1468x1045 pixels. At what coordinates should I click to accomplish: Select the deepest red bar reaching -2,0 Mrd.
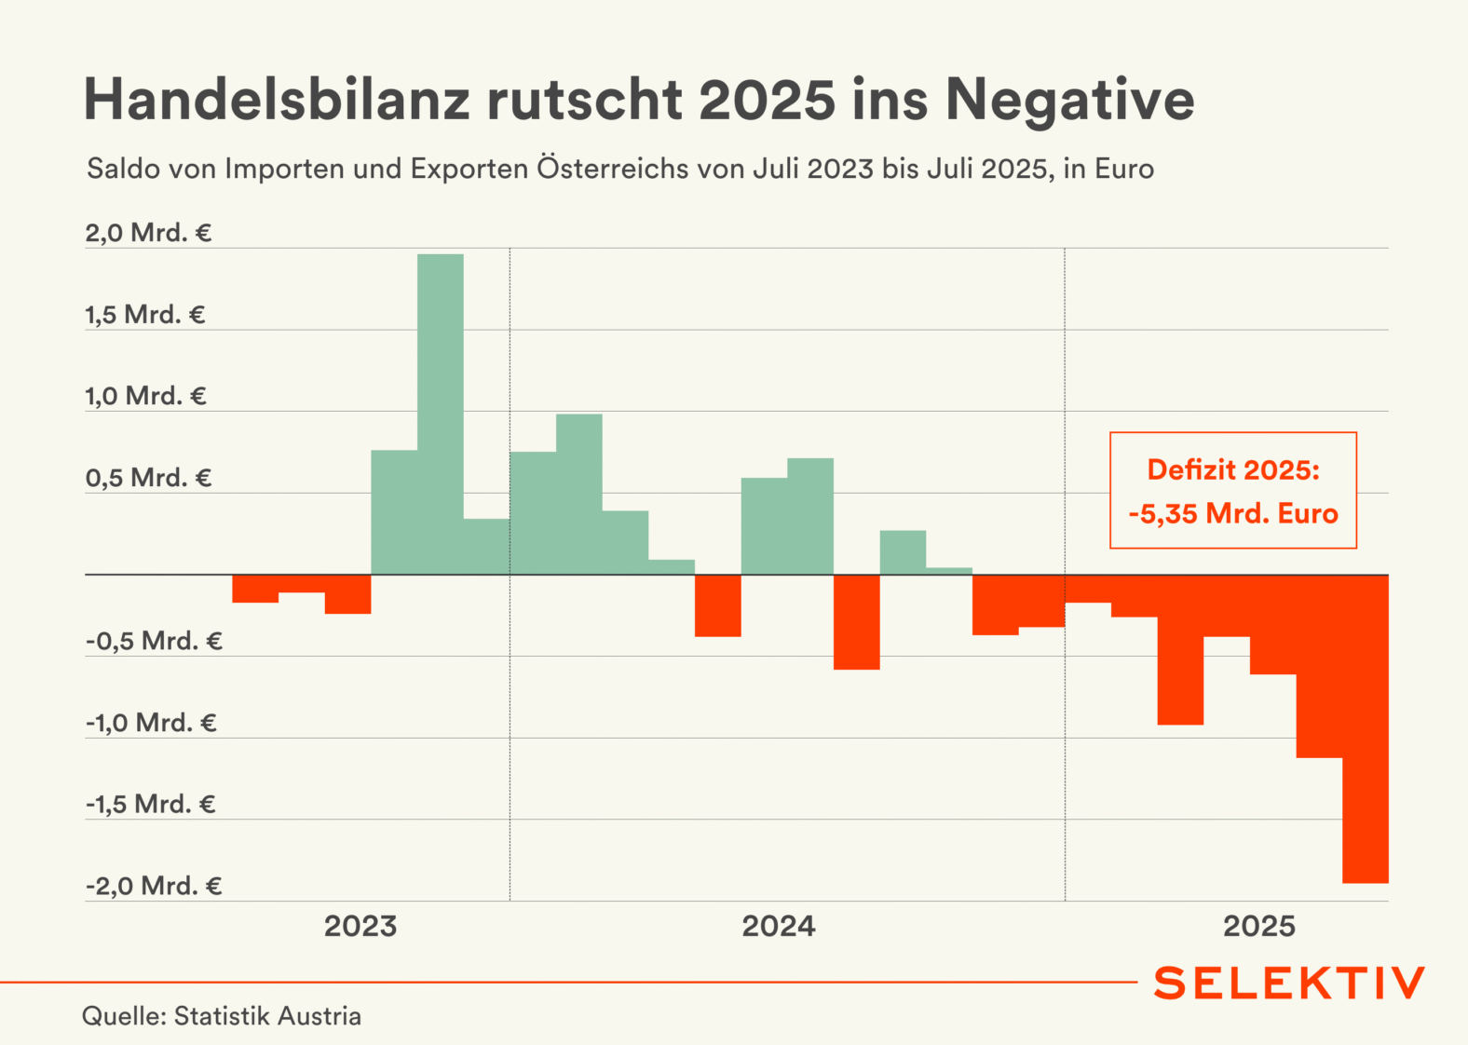(1366, 728)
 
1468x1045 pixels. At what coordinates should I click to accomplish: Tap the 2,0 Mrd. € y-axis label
(148, 233)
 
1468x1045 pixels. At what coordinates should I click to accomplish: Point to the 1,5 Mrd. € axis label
(145, 315)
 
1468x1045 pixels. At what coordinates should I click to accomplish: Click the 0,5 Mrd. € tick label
(148, 478)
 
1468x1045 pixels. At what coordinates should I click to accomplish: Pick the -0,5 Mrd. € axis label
(154, 641)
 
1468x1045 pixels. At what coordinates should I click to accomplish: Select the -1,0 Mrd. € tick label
(151, 723)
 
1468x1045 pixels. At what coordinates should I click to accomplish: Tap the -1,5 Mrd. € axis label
(151, 804)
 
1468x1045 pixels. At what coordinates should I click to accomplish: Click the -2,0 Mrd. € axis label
(154, 886)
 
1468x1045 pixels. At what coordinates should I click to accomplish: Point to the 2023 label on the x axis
(360, 927)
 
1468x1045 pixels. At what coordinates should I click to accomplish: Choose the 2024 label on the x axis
(779, 927)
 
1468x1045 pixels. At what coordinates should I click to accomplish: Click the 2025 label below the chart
(1259, 927)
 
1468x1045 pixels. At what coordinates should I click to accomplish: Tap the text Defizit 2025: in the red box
(1233, 469)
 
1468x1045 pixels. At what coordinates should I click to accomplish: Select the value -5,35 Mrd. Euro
(1233, 513)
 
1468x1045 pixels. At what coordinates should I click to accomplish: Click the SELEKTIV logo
(1289, 984)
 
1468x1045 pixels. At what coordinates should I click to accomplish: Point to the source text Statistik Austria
(267, 1015)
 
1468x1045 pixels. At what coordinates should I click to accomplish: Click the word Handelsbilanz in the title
(277, 100)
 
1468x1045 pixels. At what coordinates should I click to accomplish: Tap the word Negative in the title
(1070, 100)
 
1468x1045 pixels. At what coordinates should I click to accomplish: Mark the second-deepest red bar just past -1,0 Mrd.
(1319, 666)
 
